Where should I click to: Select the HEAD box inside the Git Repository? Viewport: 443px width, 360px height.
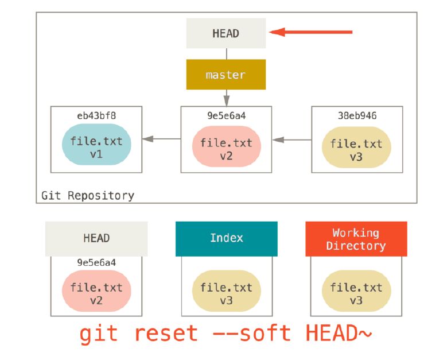point(226,33)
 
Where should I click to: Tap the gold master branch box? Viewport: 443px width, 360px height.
point(226,75)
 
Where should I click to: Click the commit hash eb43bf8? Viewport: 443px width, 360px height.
point(96,115)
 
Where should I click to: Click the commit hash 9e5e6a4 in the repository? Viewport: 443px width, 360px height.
point(226,115)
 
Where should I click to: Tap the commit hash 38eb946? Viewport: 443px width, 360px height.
point(356,115)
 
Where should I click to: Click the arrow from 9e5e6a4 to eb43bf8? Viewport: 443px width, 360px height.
point(162,138)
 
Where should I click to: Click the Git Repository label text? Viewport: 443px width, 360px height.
point(88,195)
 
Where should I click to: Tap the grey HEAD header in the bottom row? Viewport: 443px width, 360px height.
point(96,238)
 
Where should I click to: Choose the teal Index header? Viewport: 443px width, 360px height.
point(226,238)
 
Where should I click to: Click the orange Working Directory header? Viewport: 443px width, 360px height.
point(356,239)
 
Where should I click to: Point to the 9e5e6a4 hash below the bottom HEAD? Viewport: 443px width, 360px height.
point(96,262)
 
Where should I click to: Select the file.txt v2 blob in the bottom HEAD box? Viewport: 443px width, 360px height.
point(96,291)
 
